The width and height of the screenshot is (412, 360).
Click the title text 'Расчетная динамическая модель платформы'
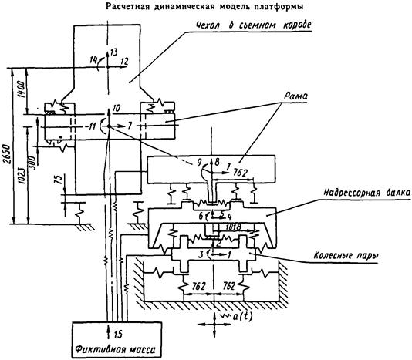[204, 7]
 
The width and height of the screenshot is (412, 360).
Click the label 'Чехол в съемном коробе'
[254, 25]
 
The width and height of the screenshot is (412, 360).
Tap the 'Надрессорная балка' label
[366, 193]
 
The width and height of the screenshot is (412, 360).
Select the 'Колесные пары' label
[346, 255]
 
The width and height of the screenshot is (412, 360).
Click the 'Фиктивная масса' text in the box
[116, 349]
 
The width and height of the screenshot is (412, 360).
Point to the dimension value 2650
[8, 153]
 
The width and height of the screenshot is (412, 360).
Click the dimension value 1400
[22, 89]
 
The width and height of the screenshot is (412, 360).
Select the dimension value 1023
[23, 176]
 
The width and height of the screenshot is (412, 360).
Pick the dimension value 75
[59, 180]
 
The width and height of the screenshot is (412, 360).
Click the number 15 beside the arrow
[118, 335]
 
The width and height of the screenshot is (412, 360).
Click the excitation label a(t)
[242, 317]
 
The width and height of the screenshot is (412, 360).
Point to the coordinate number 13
[113, 52]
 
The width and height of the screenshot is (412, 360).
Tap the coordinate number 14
[93, 60]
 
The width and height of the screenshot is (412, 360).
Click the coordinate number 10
[117, 108]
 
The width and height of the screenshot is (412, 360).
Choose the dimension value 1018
[233, 227]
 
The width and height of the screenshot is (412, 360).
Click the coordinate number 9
[199, 163]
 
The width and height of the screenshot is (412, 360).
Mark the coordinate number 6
[201, 216]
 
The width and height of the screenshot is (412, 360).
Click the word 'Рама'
[295, 96]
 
